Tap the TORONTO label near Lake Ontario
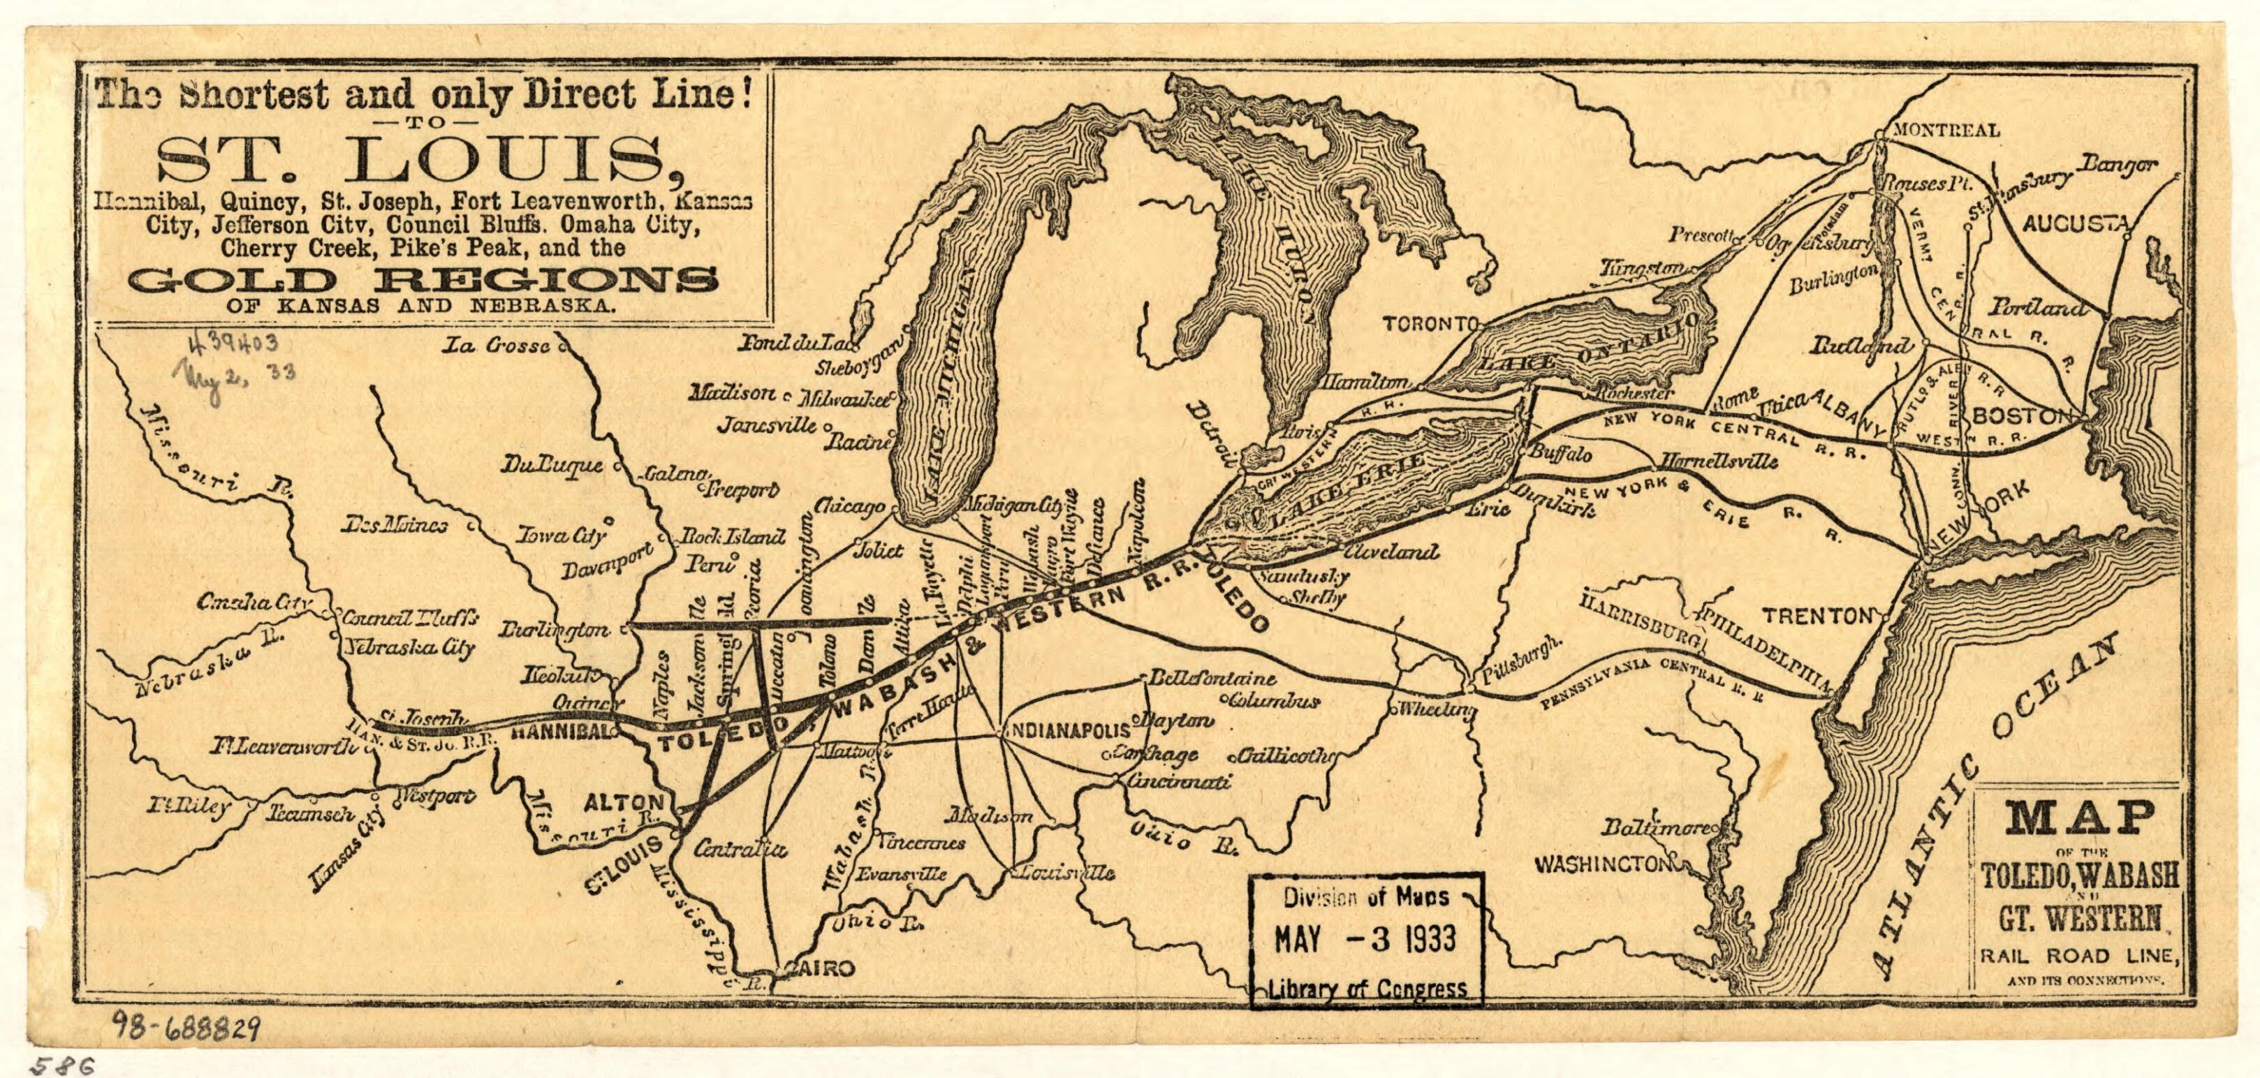(1428, 325)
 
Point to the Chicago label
(849, 506)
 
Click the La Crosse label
(496, 346)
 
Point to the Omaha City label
(254, 603)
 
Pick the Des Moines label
(395, 526)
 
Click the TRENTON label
(1817, 616)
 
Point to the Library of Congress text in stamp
(1367, 989)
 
